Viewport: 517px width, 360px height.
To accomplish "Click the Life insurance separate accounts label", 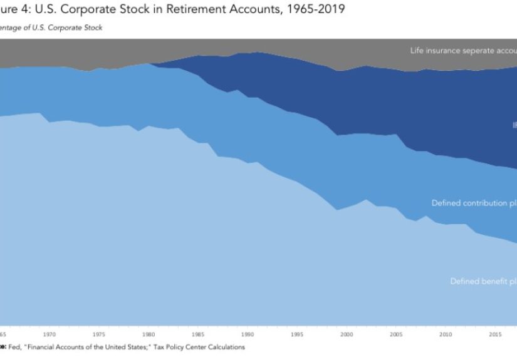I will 463,50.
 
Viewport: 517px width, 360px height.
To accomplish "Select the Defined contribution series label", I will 474,203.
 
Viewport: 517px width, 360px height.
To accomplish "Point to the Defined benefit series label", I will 483,281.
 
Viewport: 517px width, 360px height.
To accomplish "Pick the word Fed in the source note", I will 15,347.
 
